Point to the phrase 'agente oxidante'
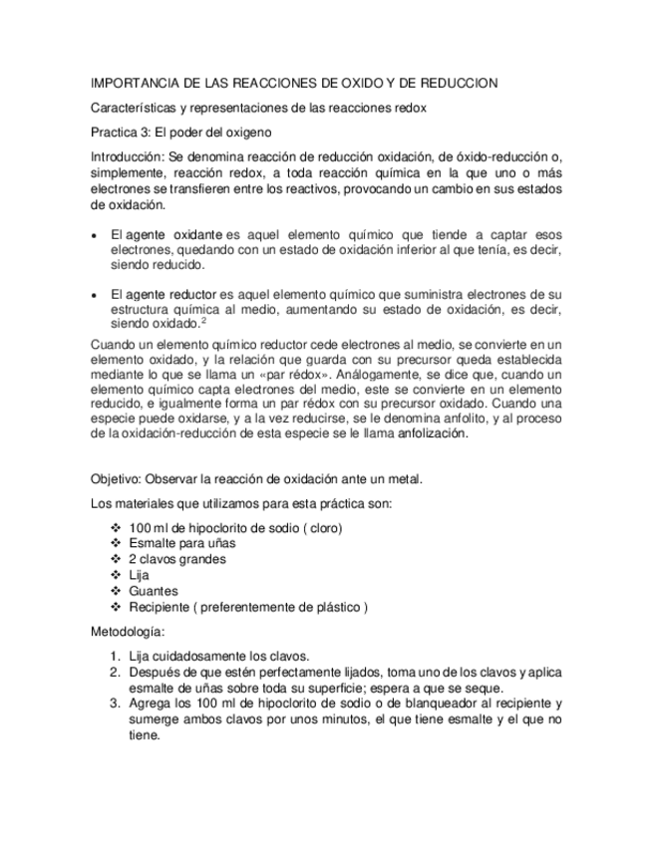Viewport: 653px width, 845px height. point(172,234)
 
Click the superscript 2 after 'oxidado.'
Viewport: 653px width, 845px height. point(203,320)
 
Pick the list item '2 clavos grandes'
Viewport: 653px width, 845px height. point(176,559)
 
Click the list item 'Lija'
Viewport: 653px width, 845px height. point(139,575)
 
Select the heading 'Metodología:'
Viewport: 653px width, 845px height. point(128,632)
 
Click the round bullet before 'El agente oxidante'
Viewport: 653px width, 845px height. point(94,235)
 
